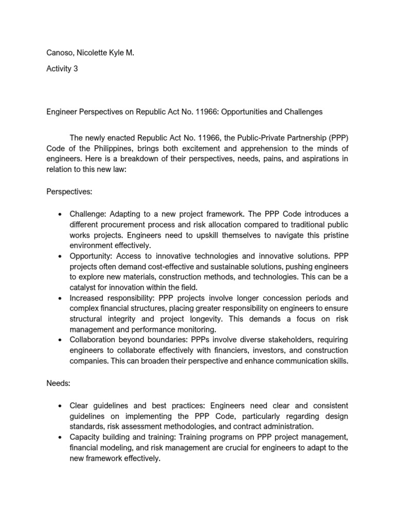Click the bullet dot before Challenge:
pyautogui.click(x=61, y=214)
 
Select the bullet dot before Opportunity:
pyautogui.click(x=61, y=256)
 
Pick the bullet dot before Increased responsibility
pyautogui.click(x=61, y=298)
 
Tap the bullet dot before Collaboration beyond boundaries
pyautogui.click(x=61, y=340)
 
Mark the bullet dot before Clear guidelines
pyautogui.click(x=61, y=407)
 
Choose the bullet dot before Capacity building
pyautogui.click(x=61, y=437)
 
